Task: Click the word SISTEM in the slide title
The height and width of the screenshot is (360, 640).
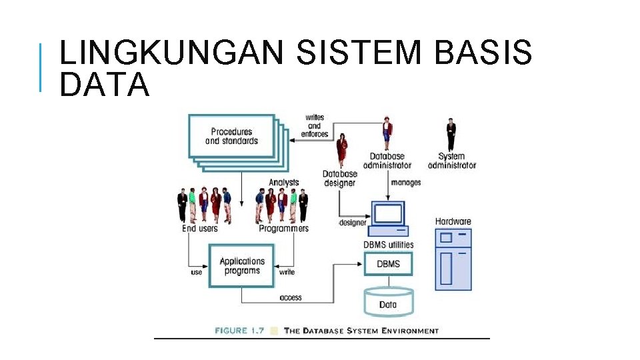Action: point(358,53)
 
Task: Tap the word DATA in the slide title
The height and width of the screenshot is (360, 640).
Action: point(104,85)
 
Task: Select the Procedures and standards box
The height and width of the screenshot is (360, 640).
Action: point(231,136)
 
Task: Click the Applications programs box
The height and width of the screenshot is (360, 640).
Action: point(242,266)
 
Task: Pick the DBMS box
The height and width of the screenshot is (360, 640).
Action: point(388,264)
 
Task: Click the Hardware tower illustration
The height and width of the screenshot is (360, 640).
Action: point(453,259)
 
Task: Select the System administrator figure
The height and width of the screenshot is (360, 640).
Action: point(451,135)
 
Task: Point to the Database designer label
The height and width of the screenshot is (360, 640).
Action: point(340,179)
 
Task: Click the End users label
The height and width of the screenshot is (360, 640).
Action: point(200,229)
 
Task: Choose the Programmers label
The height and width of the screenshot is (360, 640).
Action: point(284,229)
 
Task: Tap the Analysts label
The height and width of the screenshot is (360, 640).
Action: point(284,183)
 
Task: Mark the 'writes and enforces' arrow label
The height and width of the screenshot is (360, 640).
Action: point(315,126)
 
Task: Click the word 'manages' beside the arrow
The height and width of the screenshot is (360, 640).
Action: point(406,182)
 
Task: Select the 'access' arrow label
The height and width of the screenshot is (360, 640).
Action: point(291,297)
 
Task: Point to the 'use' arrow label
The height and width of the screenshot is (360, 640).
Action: point(197,272)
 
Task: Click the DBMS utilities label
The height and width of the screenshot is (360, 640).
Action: point(388,245)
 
